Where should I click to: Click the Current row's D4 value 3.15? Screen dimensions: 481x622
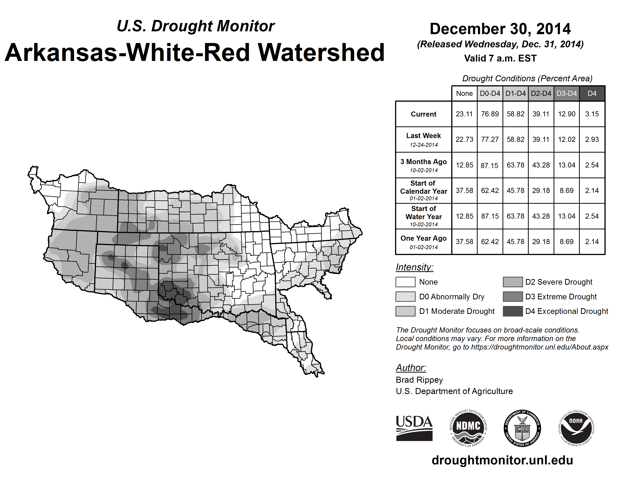click(592, 114)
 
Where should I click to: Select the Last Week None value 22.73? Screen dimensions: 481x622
click(464, 139)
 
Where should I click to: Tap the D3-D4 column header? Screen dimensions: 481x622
click(566, 93)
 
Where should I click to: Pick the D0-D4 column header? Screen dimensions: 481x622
click(490, 93)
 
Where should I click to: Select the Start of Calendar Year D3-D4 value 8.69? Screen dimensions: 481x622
click(566, 190)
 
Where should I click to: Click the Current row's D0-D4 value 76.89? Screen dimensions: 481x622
click(490, 114)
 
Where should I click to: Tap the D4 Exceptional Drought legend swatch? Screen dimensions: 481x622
click(513, 311)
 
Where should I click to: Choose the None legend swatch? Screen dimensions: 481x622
click(405, 282)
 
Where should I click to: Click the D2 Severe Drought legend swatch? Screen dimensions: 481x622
click(513, 282)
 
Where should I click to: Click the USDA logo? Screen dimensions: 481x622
click(414, 428)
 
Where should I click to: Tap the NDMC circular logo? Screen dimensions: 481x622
click(468, 428)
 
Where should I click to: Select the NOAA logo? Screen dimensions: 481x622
click(576, 428)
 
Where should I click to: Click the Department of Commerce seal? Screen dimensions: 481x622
click(522, 428)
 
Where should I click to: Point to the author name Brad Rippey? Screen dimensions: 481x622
click(419, 380)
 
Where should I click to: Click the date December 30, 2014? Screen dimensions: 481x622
click(500, 29)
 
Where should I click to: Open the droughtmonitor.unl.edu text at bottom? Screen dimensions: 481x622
click(502, 460)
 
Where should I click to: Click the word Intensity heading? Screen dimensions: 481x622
click(414, 267)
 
